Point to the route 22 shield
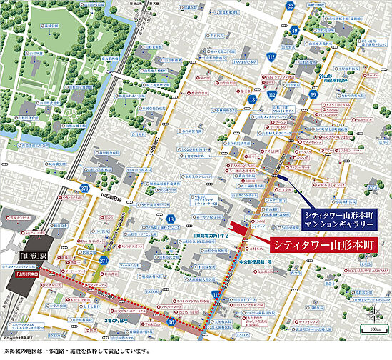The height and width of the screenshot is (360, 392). [289, 6]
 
